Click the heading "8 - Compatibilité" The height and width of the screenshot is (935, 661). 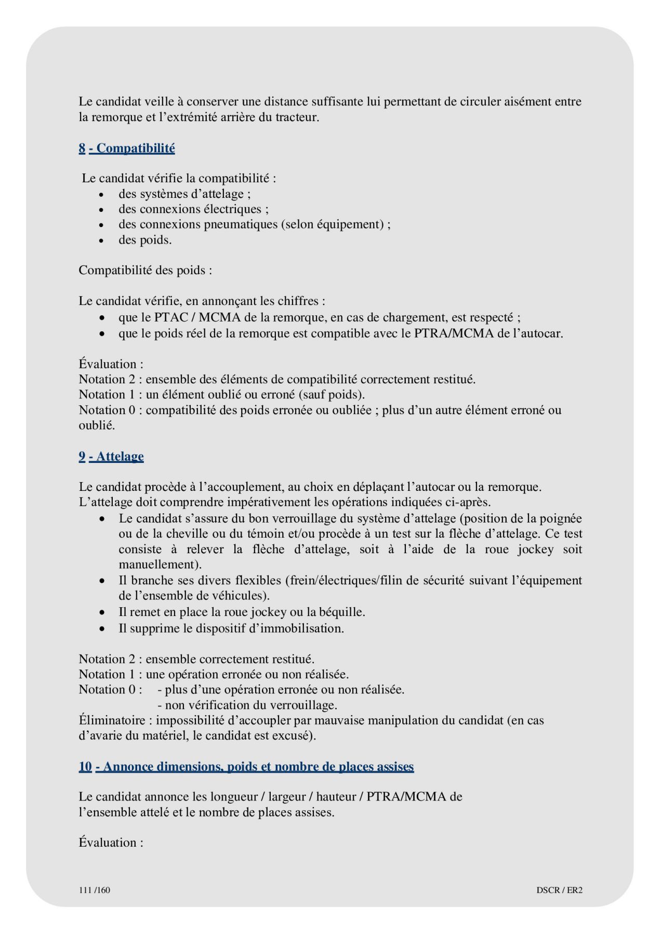(127, 149)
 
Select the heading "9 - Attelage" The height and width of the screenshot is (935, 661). (111, 457)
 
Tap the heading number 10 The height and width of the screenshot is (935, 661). (85, 767)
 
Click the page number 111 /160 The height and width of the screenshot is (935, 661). (95, 890)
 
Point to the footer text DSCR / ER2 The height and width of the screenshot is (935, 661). (559, 890)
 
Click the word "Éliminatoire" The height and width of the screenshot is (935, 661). (115, 720)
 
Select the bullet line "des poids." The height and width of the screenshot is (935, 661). (145, 240)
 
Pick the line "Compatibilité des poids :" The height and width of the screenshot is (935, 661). (146, 271)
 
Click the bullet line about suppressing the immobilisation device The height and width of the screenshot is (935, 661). (231, 629)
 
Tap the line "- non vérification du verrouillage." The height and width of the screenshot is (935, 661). (247, 705)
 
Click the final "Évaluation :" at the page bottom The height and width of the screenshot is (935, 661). (111, 843)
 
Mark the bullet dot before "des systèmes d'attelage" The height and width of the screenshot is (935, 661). (102, 195)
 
